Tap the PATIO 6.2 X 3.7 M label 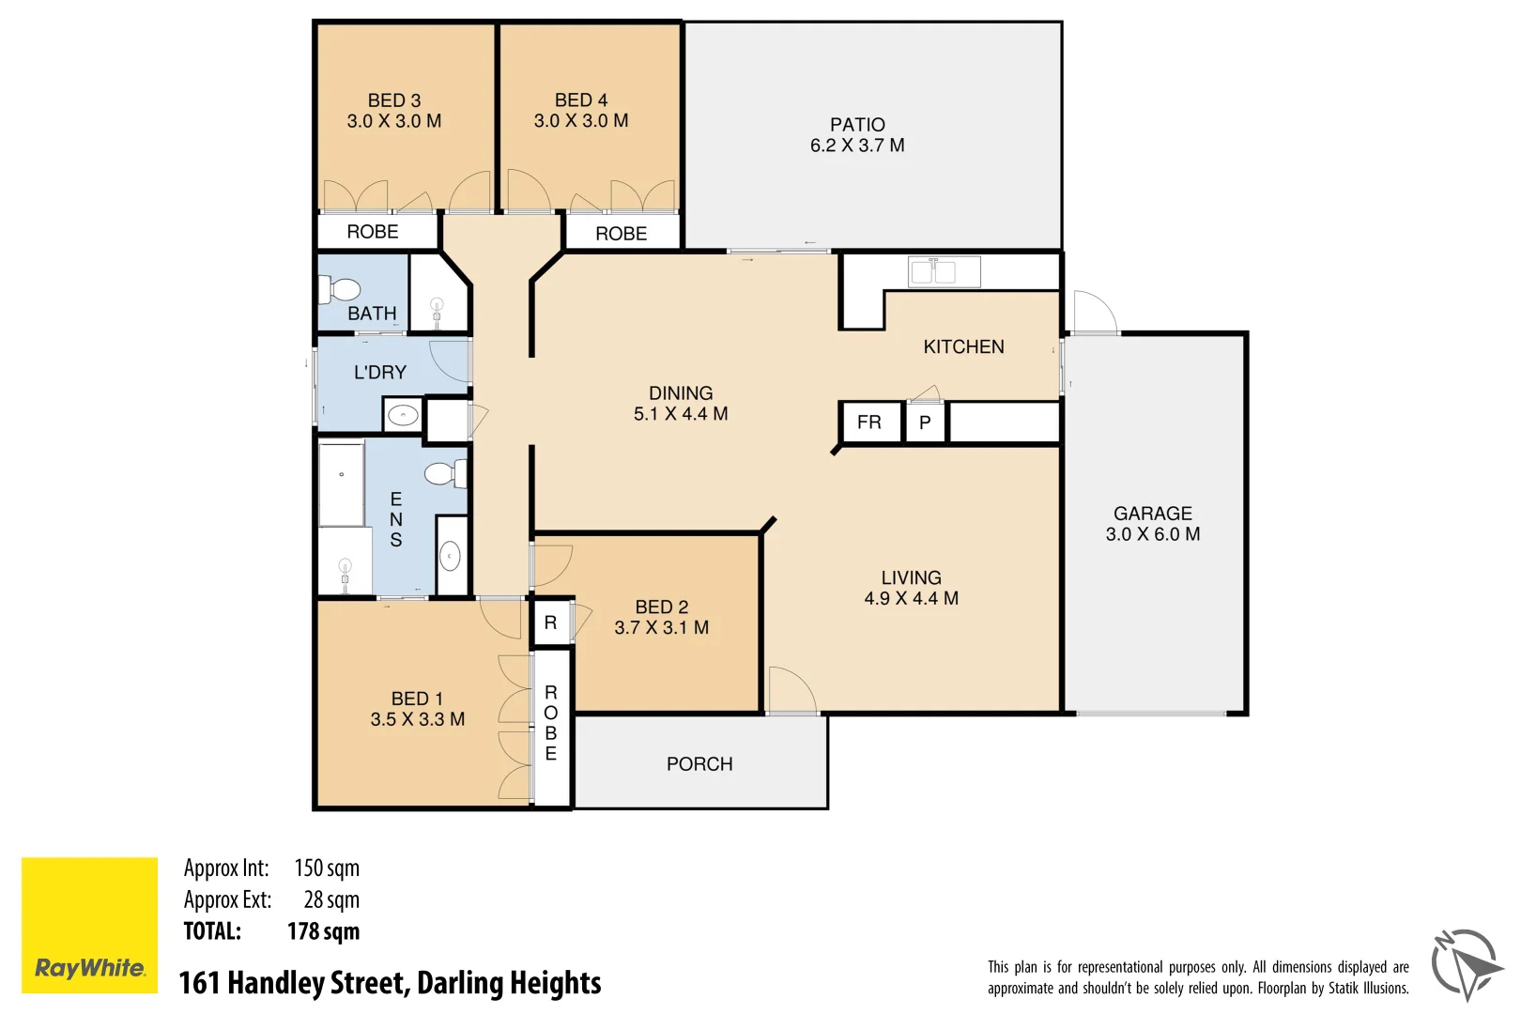coord(856,135)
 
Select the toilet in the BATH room coord(339,289)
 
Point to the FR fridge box coord(868,422)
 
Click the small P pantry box coord(925,422)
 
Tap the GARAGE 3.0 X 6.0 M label coord(1152,524)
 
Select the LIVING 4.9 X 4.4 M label coord(911,588)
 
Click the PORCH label coord(699,764)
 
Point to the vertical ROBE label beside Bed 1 coord(551,723)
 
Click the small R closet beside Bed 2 coord(551,622)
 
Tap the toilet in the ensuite coord(443,473)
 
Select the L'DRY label coord(380,373)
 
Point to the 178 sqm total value coord(323,931)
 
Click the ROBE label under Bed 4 coord(621,234)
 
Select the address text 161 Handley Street coord(390,983)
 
